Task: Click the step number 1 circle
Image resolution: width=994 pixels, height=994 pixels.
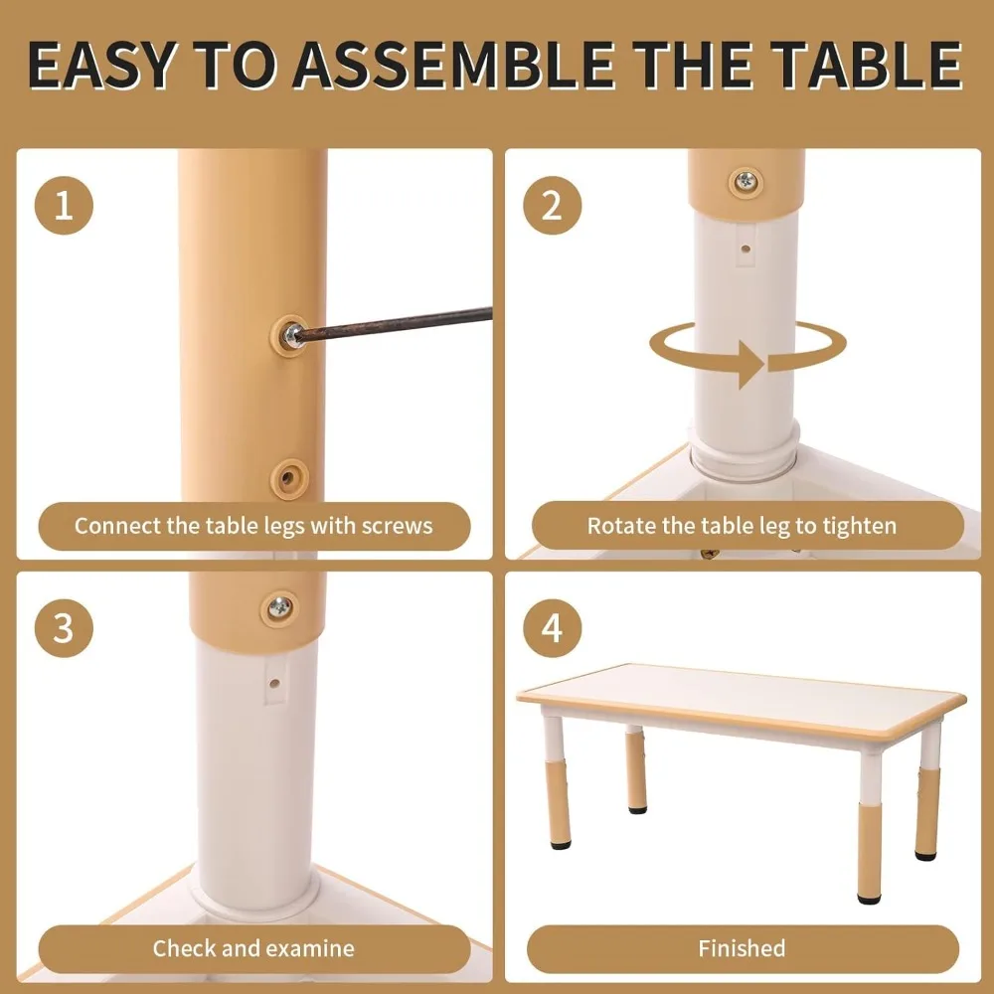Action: pyautogui.click(x=64, y=206)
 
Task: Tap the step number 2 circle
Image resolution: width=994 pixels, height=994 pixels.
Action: pyautogui.click(x=552, y=206)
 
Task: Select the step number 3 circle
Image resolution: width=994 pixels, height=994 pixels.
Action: pyautogui.click(x=64, y=628)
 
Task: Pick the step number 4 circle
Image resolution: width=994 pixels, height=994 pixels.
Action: pyautogui.click(x=552, y=628)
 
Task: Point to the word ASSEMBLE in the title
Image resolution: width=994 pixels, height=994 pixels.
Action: pyautogui.click(x=452, y=66)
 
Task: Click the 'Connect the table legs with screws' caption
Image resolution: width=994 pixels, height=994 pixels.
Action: pyautogui.click(x=253, y=526)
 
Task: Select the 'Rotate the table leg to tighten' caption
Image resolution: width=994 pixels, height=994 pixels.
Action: pyautogui.click(x=742, y=526)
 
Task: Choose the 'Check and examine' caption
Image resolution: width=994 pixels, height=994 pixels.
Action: pyautogui.click(x=253, y=948)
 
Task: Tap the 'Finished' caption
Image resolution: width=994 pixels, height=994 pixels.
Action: pyautogui.click(x=742, y=948)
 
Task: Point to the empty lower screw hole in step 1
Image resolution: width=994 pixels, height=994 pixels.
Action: pyautogui.click(x=289, y=478)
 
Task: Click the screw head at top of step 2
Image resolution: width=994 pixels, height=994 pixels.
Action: pyautogui.click(x=745, y=182)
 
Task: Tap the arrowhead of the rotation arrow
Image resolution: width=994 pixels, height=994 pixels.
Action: pyautogui.click(x=751, y=364)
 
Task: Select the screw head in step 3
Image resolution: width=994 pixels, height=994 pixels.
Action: pyautogui.click(x=279, y=608)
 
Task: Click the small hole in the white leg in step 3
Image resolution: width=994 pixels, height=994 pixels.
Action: pyautogui.click(x=274, y=684)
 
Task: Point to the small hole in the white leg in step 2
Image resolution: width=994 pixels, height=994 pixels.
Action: pyautogui.click(x=745, y=249)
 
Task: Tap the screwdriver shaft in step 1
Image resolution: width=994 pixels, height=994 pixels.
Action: pyautogui.click(x=395, y=324)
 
